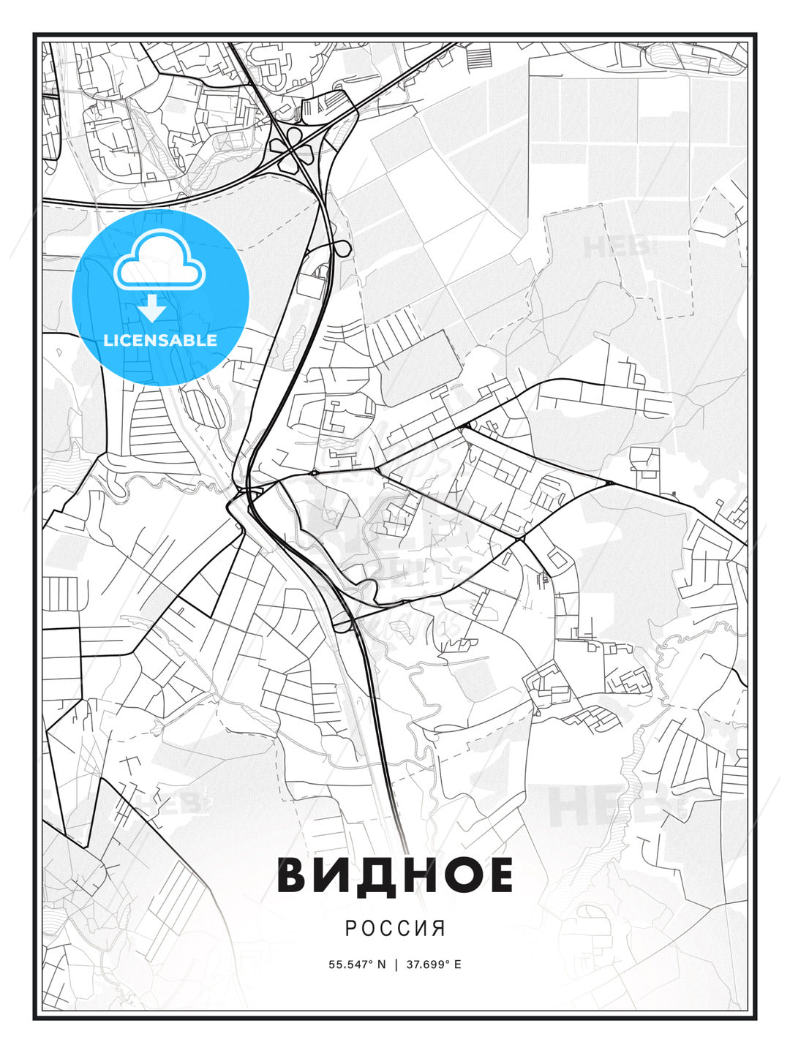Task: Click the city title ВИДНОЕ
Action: (x=395, y=875)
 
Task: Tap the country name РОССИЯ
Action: (x=395, y=929)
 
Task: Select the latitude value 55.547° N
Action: (x=357, y=965)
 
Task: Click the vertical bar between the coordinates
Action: (x=396, y=965)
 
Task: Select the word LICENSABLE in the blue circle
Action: (x=160, y=340)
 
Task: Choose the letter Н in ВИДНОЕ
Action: (x=421, y=875)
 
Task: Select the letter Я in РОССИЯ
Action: (x=439, y=929)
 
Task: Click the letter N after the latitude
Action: (x=381, y=965)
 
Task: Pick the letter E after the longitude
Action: (x=458, y=965)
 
